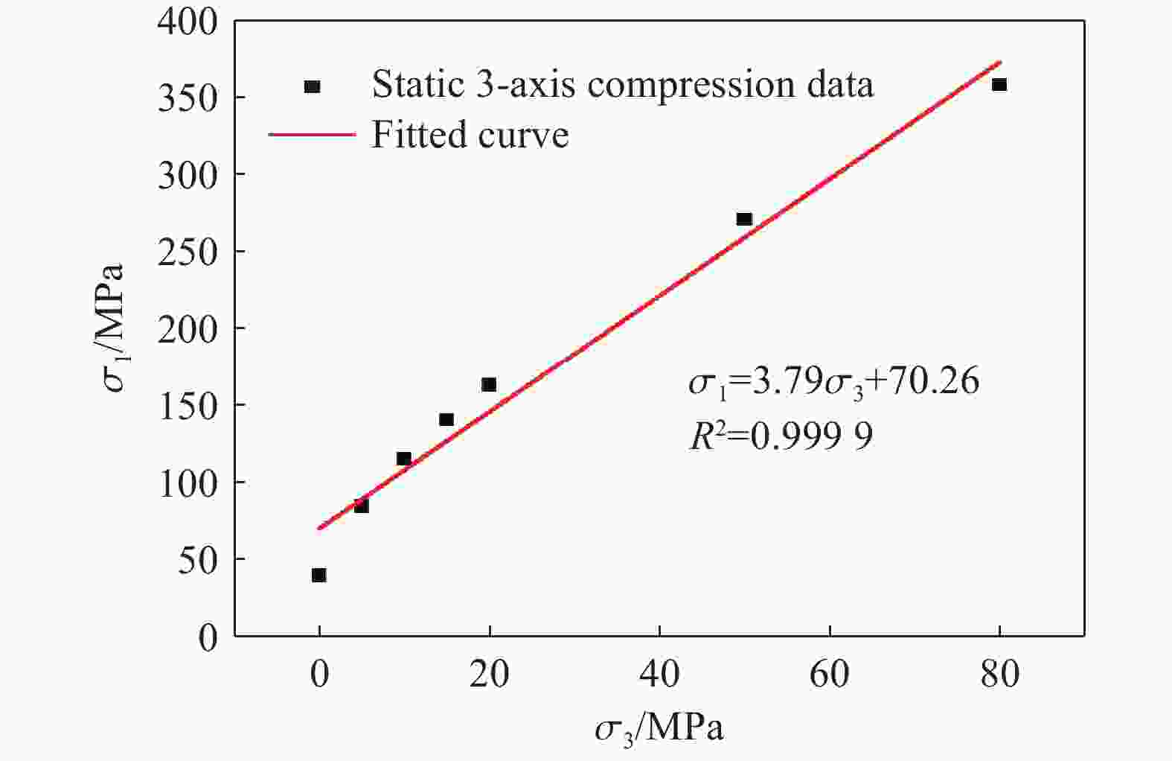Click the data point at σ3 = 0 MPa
pos(319,575)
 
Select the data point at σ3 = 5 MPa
pos(362,506)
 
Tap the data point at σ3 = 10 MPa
pos(404,459)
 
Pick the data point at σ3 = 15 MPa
pos(446,420)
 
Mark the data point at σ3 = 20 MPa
pos(489,385)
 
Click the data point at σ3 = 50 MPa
pos(744,219)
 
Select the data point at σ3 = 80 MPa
pos(999,85)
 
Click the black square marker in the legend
pos(313,86)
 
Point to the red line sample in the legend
pos(312,136)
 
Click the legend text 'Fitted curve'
pos(470,136)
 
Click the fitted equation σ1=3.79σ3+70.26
pos(833,383)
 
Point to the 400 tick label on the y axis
pos(188,22)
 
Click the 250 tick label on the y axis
pos(188,252)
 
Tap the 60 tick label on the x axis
pos(829,675)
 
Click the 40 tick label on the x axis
pos(659,675)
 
